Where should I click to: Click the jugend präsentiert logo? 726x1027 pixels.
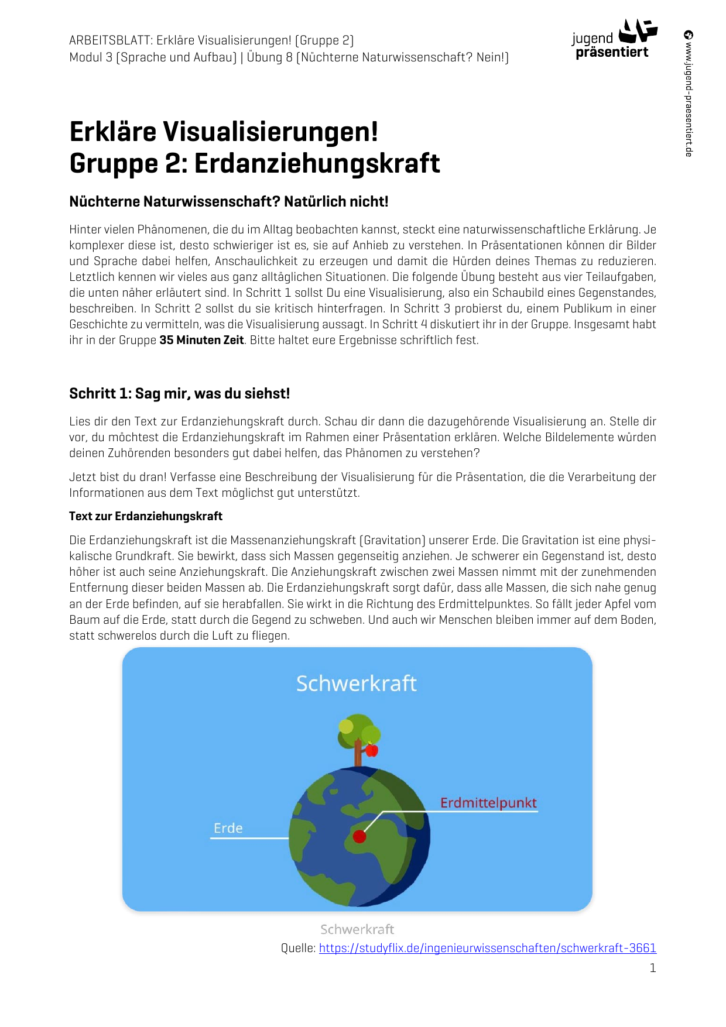tap(614, 40)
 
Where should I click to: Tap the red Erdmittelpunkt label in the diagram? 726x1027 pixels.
tap(488, 803)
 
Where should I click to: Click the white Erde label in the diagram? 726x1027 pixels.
tap(228, 828)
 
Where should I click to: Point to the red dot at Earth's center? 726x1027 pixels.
tap(359, 836)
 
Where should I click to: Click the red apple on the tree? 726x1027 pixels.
tap(372, 750)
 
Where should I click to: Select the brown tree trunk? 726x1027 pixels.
tap(358, 754)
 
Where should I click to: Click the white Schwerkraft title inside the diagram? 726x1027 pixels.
tap(356, 683)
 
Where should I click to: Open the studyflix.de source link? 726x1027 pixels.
tap(487, 948)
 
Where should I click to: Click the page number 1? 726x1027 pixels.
tap(652, 968)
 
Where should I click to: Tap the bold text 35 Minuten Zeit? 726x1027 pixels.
tap(201, 340)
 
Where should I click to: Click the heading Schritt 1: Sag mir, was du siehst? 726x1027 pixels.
tap(179, 393)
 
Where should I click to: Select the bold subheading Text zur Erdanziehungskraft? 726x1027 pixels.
tap(146, 516)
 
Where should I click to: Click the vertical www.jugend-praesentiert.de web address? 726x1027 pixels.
tap(689, 99)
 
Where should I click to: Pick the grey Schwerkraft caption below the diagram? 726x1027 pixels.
tap(357, 929)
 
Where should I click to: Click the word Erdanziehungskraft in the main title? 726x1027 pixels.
tap(317, 163)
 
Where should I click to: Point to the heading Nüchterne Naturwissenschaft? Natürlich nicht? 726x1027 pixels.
tap(229, 202)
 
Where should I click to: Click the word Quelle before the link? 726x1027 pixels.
tap(298, 948)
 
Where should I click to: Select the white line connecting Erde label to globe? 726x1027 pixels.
tap(249, 838)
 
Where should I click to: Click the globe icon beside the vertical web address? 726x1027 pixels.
tap(689, 35)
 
